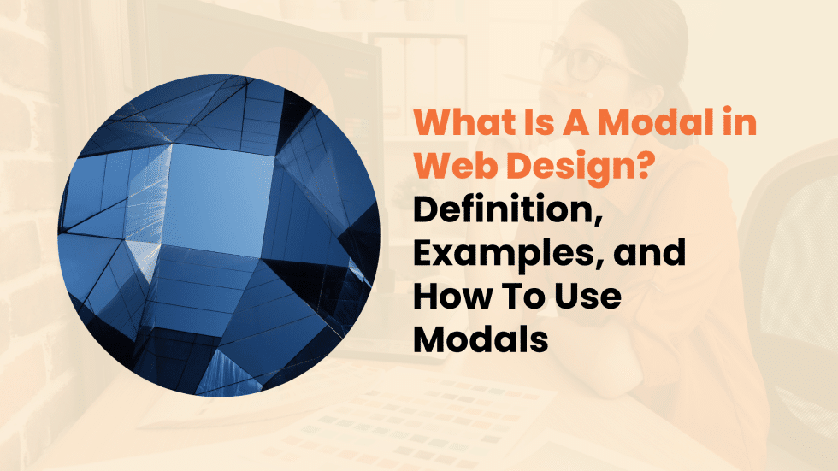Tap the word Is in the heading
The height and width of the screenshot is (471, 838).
[x=552, y=124]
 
